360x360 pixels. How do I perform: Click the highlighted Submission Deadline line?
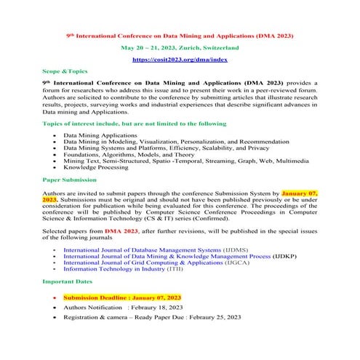click(x=121, y=298)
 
